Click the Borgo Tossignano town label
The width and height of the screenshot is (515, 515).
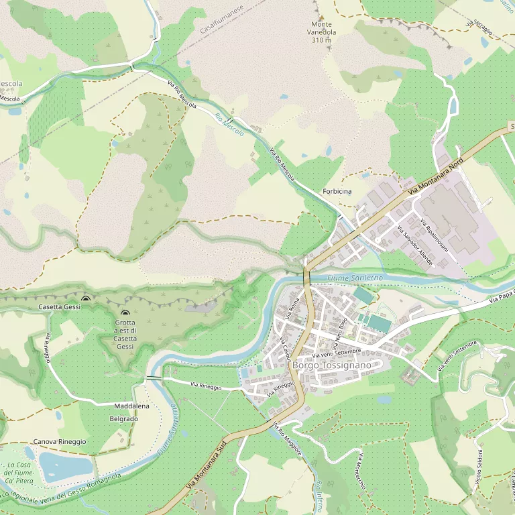coord(331,365)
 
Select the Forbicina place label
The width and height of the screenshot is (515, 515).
coord(337,192)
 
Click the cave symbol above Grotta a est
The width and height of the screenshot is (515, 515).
coord(125,312)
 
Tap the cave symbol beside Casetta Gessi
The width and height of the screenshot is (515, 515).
coord(85,299)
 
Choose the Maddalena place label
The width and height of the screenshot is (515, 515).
coord(132,406)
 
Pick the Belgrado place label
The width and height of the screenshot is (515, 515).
coord(123,418)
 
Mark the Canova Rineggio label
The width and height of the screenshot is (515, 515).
coord(60,442)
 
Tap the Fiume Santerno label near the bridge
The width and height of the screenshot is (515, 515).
coord(355,277)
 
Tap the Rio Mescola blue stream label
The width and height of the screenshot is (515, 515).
coord(229,124)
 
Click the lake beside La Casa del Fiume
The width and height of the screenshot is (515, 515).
coord(65,466)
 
